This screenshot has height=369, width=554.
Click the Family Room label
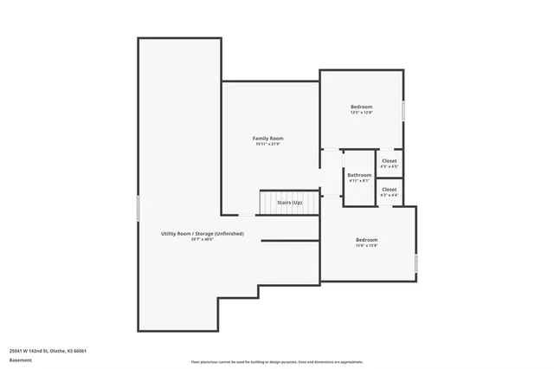tap(267, 139)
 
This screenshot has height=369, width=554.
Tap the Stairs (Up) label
tap(289, 202)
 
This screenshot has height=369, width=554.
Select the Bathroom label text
tap(359, 174)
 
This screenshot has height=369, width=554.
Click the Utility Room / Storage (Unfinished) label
tap(202, 234)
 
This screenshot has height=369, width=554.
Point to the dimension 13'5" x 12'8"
tap(361, 113)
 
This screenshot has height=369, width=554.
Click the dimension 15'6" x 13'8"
tap(367, 246)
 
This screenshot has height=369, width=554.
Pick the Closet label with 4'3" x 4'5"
tap(390, 160)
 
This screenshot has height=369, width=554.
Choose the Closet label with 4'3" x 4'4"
tap(390, 189)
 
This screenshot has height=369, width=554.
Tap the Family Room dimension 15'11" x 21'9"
tap(267, 145)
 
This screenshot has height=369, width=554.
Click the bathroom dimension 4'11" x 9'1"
tap(359, 180)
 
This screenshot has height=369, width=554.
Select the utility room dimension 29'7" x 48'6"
tap(202, 240)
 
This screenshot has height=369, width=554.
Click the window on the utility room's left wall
tap(138, 208)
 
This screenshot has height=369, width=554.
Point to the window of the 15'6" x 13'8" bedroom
tap(416, 262)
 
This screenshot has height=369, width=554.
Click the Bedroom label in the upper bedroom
tap(361, 107)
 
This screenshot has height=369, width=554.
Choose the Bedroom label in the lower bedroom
tap(367, 240)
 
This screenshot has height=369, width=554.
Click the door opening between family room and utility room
tap(247, 215)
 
